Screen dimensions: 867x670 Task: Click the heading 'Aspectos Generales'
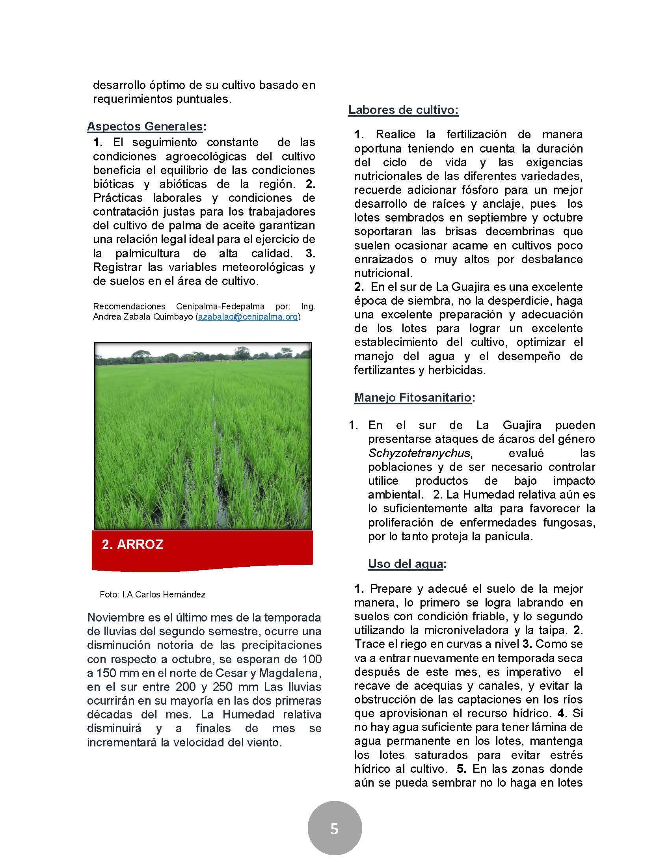tap(145, 126)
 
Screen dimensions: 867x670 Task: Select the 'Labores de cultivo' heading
tap(403, 110)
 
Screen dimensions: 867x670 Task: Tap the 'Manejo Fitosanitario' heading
tap(413, 397)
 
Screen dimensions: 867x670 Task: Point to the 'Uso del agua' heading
tap(405, 564)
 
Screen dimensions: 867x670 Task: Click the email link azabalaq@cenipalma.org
tap(248, 317)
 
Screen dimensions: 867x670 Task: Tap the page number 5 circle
tap(335, 829)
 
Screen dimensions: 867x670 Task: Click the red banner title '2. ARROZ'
tap(132, 544)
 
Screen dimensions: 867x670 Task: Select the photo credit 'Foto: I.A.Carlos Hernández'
tap(153, 594)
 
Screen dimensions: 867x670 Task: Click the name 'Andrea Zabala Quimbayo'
tap(143, 317)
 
